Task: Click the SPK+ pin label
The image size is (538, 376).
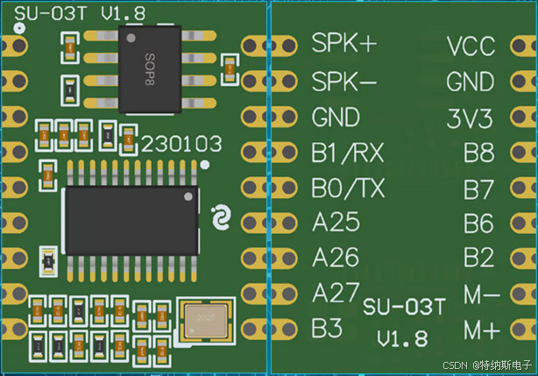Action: pyautogui.click(x=343, y=45)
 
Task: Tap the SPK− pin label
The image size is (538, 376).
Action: pyautogui.click(x=343, y=82)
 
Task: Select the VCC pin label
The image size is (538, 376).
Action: pyautogui.click(x=471, y=46)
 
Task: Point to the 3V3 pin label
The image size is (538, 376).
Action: pyautogui.click(x=471, y=117)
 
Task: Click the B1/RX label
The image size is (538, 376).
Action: pyautogui.click(x=347, y=153)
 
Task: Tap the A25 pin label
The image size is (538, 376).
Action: pyautogui.click(x=336, y=223)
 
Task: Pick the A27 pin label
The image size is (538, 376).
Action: pyautogui.click(x=336, y=293)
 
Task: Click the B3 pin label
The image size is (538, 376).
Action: pyautogui.click(x=328, y=328)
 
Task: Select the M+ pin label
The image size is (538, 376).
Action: pyautogui.click(x=481, y=330)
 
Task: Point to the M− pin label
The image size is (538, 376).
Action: pyautogui.click(x=481, y=295)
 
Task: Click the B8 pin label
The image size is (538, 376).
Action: pyautogui.click(x=479, y=153)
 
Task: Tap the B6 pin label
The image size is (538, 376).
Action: pyautogui.click(x=479, y=224)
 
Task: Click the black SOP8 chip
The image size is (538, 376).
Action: pyautogui.click(x=149, y=69)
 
